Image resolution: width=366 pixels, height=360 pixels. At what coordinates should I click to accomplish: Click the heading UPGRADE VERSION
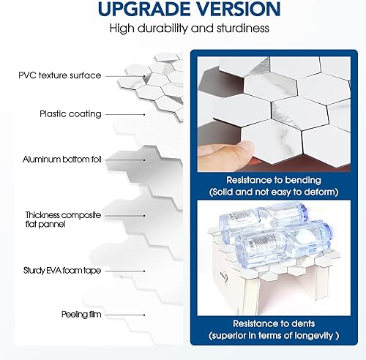click(x=182, y=10)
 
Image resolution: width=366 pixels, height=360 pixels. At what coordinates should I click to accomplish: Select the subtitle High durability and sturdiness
click(x=182, y=29)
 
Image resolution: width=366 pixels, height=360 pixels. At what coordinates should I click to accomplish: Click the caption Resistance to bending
click(x=273, y=179)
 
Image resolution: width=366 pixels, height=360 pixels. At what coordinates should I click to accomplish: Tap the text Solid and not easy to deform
click(x=273, y=192)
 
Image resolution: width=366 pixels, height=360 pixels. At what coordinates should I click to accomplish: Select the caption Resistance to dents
click(x=273, y=322)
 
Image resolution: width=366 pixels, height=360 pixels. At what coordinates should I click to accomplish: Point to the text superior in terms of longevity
click(x=273, y=335)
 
